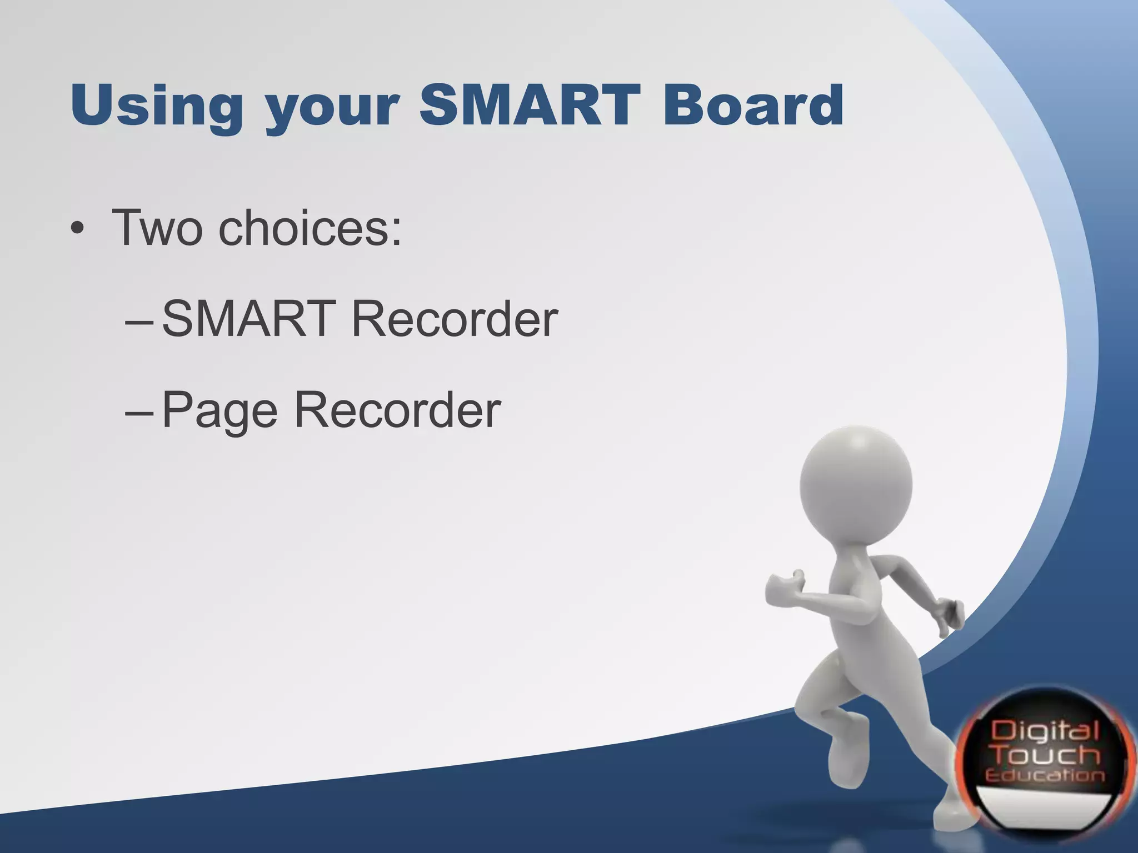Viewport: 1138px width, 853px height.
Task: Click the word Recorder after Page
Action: click(x=397, y=411)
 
